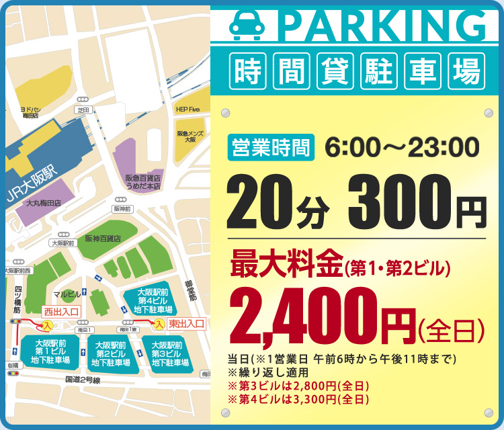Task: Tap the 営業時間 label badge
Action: [x=272, y=146]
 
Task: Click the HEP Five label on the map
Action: [x=188, y=108]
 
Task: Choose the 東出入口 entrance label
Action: [x=185, y=324]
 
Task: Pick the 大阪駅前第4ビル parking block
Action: [x=154, y=301]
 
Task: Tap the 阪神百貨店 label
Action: [x=103, y=239]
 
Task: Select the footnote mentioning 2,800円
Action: [x=299, y=386]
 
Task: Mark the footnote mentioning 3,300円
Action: [x=299, y=399]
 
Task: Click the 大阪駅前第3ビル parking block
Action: [x=169, y=353]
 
